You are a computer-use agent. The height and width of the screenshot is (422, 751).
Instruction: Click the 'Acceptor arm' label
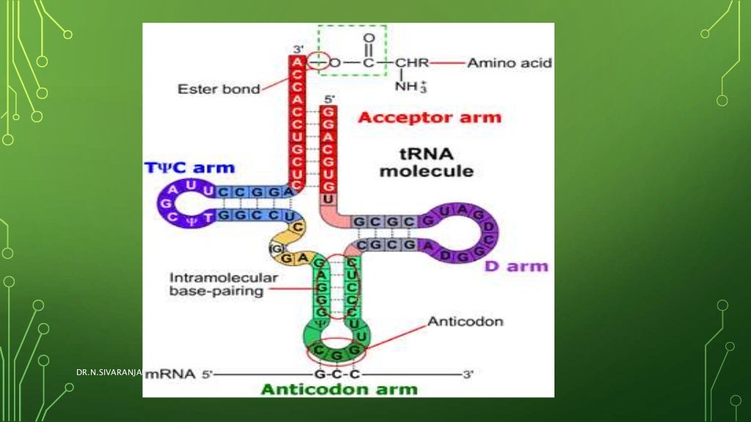[429, 117]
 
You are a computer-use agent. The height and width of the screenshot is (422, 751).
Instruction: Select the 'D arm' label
[516, 265]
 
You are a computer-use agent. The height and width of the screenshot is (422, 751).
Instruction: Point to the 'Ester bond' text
[219, 89]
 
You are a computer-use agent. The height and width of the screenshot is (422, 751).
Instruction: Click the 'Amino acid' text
[510, 63]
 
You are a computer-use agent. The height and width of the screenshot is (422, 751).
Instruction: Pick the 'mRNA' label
[171, 374]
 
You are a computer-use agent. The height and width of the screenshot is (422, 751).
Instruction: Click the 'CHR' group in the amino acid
[411, 63]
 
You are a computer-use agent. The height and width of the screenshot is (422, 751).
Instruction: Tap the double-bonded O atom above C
[368, 37]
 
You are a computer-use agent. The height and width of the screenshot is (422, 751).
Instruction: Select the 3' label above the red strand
[298, 48]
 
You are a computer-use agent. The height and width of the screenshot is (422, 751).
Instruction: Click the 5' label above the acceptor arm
[330, 98]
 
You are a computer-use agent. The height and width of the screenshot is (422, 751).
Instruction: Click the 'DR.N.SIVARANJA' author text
[108, 374]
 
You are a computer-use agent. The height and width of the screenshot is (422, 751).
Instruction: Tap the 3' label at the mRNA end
[469, 374]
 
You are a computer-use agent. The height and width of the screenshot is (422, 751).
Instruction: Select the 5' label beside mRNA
[207, 374]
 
